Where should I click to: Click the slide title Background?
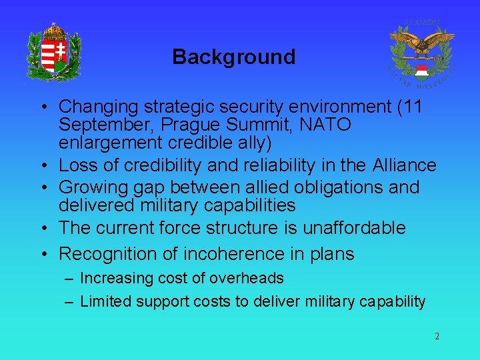click(233, 57)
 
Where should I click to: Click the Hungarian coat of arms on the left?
click(54, 51)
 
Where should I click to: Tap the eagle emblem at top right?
click(421, 55)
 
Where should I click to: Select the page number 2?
click(437, 337)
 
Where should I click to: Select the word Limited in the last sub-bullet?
click(105, 302)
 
